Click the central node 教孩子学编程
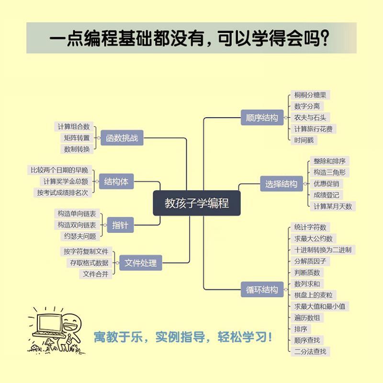tap(197, 203)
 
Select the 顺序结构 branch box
tap(261, 118)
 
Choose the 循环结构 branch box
tap(261, 289)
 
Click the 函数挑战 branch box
tap(122, 138)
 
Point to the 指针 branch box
tap(120, 225)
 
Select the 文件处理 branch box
tap(140, 262)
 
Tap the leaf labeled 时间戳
tap(304, 140)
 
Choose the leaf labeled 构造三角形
tap(329, 172)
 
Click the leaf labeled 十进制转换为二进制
tap(323, 250)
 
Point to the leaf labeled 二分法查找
tap(310, 351)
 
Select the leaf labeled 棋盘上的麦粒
tap(314, 295)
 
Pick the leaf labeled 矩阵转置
tap(77, 138)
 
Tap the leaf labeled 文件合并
tap(96, 274)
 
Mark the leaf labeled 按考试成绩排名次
tap(62, 192)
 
